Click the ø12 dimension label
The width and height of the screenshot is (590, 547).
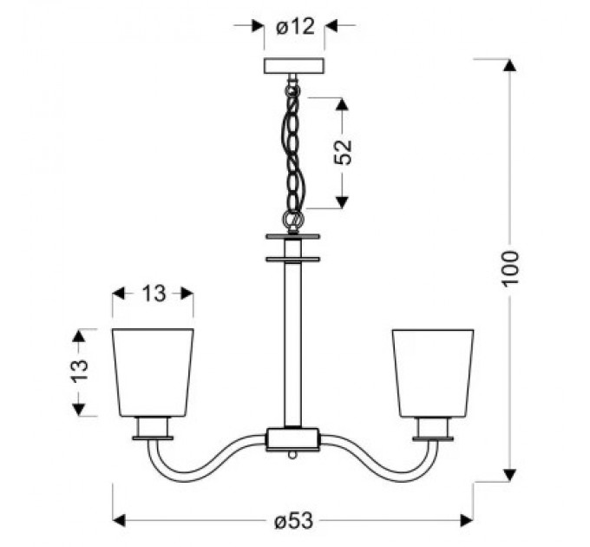click(x=294, y=27)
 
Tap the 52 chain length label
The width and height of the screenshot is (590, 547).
click(x=343, y=152)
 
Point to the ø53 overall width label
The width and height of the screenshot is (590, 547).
click(x=292, y=521)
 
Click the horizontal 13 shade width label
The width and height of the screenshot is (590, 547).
click(x=153, y=293)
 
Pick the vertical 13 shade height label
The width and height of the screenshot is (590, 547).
click(x=80, y=372)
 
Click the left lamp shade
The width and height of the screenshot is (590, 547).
click(x=153, y=372)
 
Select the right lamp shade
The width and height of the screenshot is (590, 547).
click(x=433, y=372)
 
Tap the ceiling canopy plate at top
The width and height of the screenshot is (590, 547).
click(x=294, y=66)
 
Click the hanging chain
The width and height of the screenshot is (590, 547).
click(x=294, y=148)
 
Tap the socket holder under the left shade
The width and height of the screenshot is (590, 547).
click(x=153, y=428)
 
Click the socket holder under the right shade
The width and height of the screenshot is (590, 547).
click(x=433, y=428)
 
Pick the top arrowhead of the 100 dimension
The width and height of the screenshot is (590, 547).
click(x=510, y=65)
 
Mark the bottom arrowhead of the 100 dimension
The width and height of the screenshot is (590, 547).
click(x=510, y=473)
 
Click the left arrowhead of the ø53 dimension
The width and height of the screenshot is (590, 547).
click(x=120, y=521)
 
